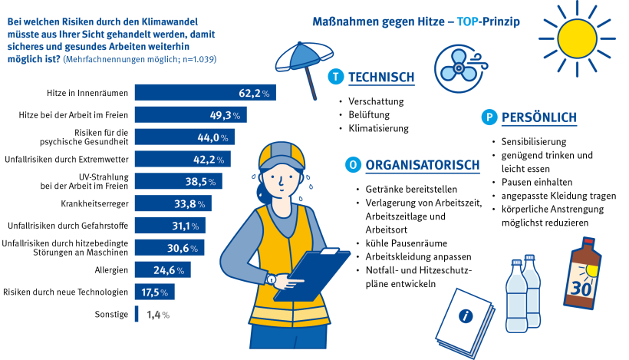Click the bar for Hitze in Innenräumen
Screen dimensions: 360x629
(205, 93)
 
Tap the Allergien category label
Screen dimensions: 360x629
(109, 270)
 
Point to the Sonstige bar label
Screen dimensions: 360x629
(111, 315)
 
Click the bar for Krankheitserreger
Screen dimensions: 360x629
(173, 203)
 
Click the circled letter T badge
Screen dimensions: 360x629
(334, 77)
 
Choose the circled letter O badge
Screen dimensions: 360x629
(352, 164)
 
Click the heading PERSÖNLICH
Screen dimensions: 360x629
(538, 117)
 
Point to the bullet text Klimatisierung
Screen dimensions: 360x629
(378, 128)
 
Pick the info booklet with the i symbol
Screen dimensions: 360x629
(463, 315)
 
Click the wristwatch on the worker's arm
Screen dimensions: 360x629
(270, 279)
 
